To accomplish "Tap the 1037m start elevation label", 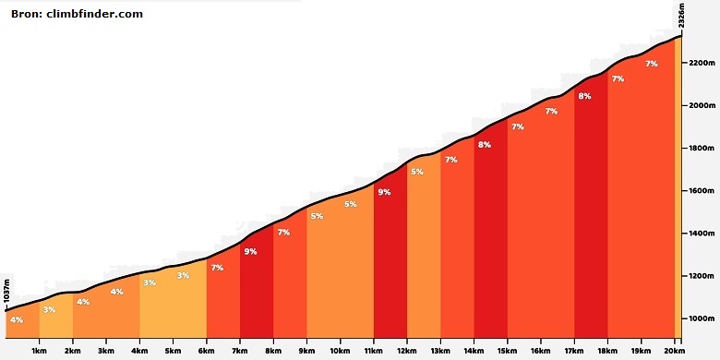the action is (x=6, y=290).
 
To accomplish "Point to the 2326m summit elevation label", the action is (x=682, y=16).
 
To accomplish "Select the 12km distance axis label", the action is (x=407, y=353).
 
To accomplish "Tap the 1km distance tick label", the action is (x=40, y=353).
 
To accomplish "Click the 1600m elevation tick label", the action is (x=702, y=190).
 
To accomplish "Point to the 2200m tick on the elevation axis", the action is (x=702, y=63).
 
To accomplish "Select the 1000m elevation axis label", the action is (x=702, y=318).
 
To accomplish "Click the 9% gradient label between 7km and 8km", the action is (x=250, y=251).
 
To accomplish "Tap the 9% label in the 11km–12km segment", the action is (x=384, y=192).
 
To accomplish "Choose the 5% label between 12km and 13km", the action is (x=417, y=172).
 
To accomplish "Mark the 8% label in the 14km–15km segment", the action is (x=484, y=145).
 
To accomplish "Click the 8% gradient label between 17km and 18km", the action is (x=584, y=96).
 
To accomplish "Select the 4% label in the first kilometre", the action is (x=17, y=320).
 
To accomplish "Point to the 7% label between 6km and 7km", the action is (x=217, y=268).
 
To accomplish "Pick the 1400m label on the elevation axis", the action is (x=702, y=234).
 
